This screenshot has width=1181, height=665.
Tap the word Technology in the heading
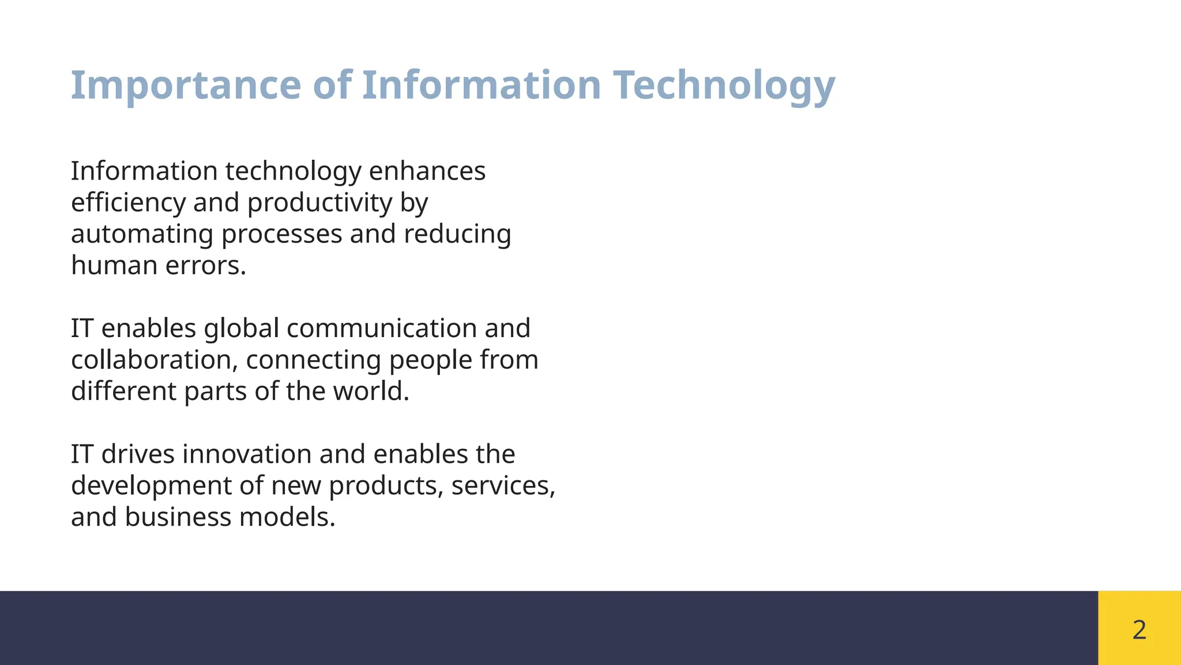(724, 85)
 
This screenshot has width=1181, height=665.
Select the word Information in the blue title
(482, 85)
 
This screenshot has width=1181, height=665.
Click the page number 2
(1139, 629)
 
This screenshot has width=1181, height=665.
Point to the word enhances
(427, 171)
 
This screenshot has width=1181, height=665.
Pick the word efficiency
(128, 203)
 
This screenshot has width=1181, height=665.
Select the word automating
(142, 234)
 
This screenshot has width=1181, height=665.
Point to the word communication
(381, 328)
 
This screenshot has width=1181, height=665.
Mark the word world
(371, 391)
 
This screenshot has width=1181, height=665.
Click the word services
(503, 485)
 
